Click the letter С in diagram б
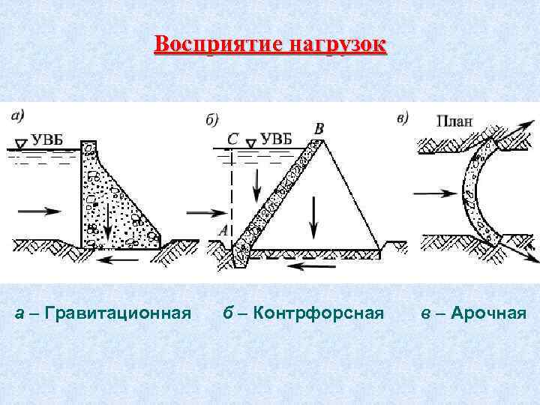click(232, 138)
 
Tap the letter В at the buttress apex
click(319, 129)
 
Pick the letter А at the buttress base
click(223, 232)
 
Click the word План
click(454, 120)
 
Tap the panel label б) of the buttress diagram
click(211, 119)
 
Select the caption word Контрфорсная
click(319, 312)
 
